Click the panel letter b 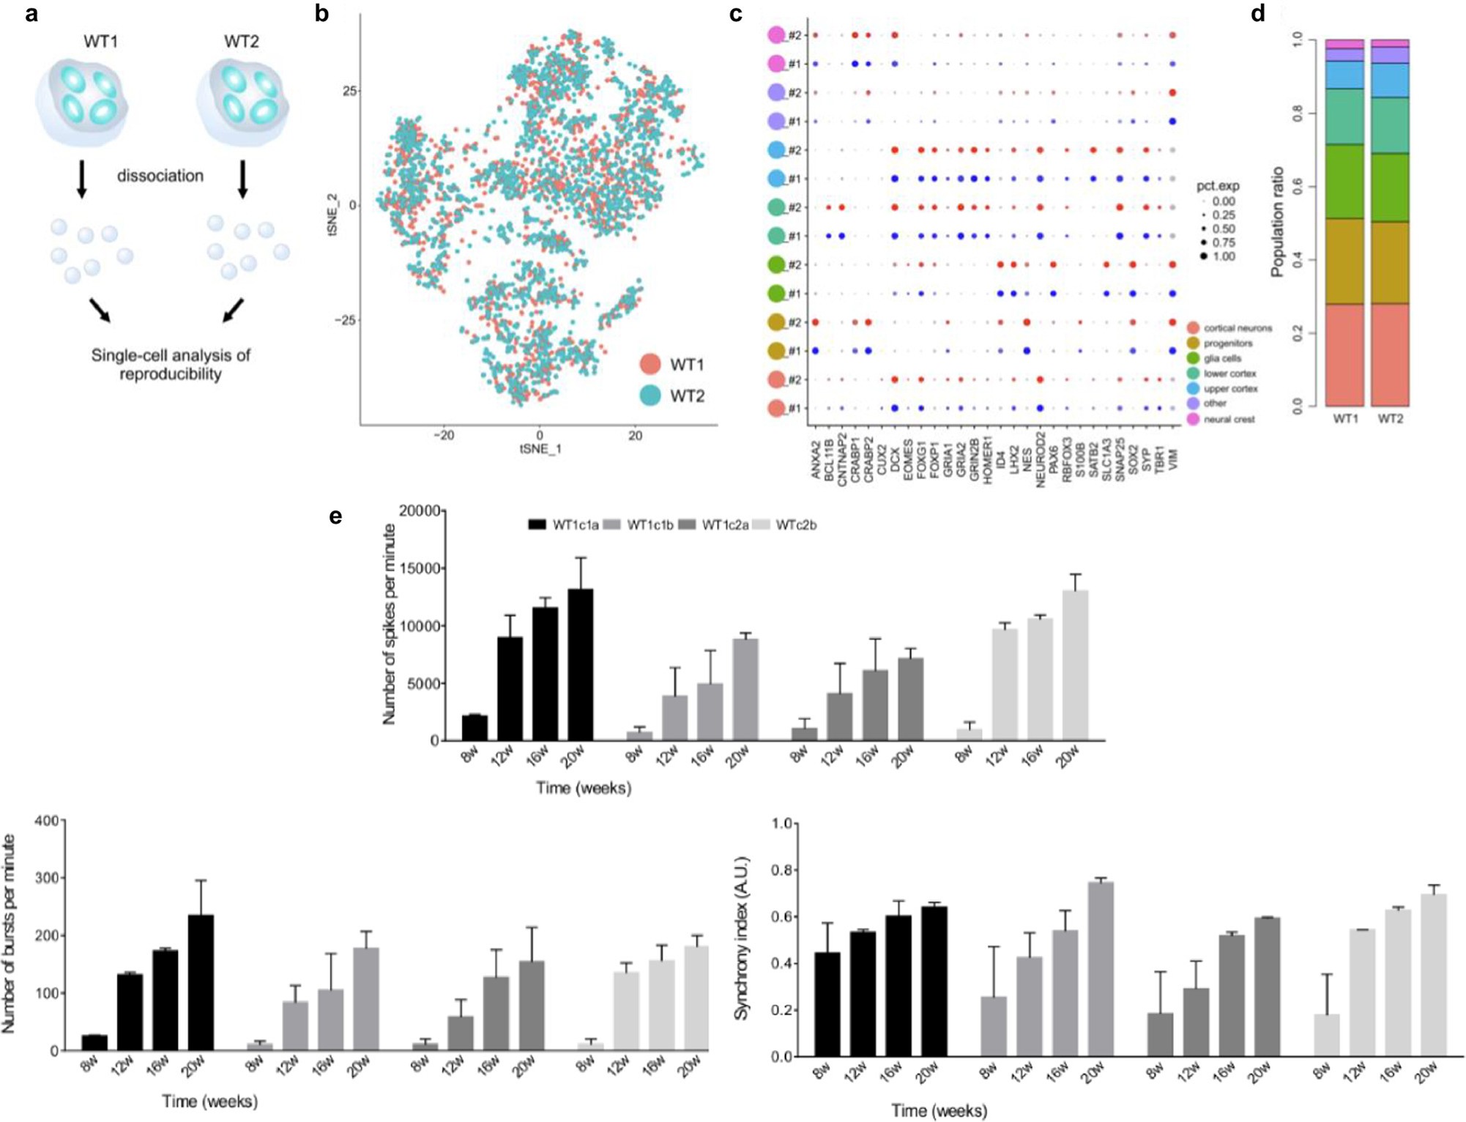[321, 14]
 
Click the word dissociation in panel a [160, 176]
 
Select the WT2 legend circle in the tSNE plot [650, 395]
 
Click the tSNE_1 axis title [540, 449]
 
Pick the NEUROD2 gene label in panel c [1040, 462]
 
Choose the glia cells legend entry [1221, 358]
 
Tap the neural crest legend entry [1228, 419]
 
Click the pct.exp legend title [1218, 186]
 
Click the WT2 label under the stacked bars [1390, 419]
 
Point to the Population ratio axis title [1278, 222]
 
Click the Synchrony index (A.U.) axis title [742, 937]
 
